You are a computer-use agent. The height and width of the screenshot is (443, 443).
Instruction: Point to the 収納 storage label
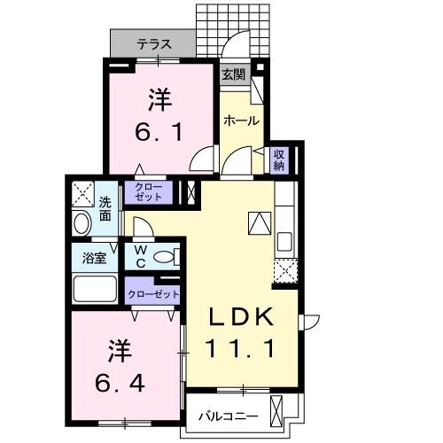[x=278, y=159]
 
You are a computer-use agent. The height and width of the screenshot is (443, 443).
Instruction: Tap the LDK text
[x=243, y=316]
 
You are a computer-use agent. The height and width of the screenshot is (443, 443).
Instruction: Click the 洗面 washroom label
[x=105, y=208]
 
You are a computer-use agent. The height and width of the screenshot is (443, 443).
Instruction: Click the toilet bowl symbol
[x=165, y=257]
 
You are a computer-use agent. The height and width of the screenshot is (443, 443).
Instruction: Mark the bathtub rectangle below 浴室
[x=96, y=289]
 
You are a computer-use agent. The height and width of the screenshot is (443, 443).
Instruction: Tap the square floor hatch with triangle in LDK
[x=259, y=222]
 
